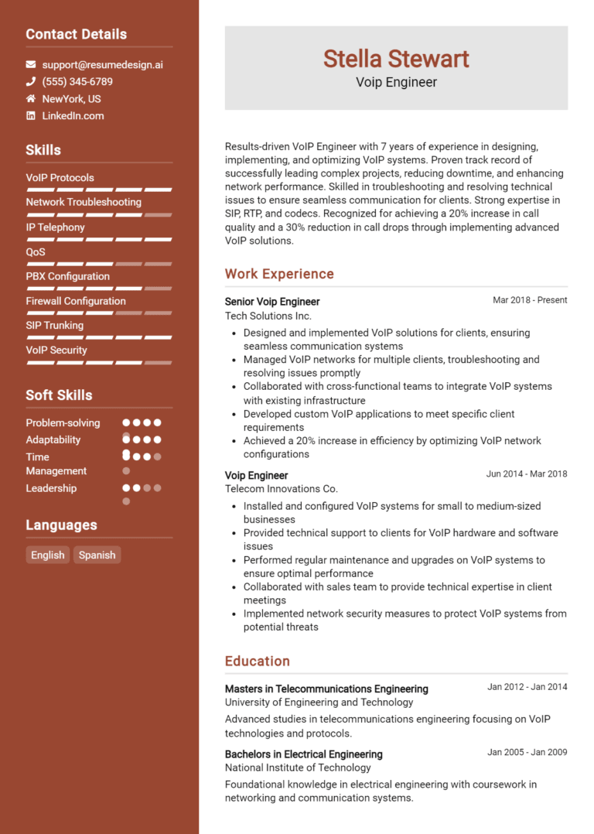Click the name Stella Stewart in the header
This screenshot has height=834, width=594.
(x=396, y=59)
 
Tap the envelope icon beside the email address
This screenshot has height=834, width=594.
(x=31, y=65)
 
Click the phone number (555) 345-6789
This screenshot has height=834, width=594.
(x=77, y=82)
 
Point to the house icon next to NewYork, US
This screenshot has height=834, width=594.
(x=31, y=99)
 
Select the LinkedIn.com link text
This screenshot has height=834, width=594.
(x=73, y=116)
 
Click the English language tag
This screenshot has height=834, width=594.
(x=48, y=555)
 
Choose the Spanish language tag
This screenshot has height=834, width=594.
(x=97, y=555)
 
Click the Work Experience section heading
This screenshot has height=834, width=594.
(x=279, y=274)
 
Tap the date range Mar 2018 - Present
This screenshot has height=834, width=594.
(x=530, y=300)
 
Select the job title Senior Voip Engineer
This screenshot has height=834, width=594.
(x=272, y=302)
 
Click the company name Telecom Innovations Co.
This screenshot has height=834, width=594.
(x=282, y=489)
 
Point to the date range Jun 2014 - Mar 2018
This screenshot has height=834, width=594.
(x=527, y=473)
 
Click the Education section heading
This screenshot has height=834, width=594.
(x=258, y=661)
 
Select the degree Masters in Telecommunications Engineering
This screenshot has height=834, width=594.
(x=326, y=689)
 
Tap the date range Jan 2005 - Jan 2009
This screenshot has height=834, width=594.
(x=527, y=752)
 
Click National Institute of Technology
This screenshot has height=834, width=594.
(x=298, y=767)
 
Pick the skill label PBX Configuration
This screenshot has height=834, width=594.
(x=68, y=276)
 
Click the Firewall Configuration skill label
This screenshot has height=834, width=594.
(x=76, y=301)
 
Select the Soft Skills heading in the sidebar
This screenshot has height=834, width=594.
(x=59, y=395)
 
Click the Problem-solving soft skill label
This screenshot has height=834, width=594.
(x=63, y=422)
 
